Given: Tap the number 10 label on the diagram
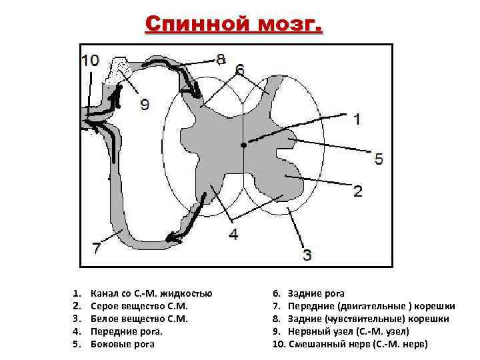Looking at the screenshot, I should pos(90,61).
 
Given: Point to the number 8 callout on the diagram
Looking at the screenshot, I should pos(221,59).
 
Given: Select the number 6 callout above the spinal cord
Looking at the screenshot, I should pos(240,69).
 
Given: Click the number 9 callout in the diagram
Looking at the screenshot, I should pos(145,104).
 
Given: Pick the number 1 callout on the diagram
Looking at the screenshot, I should pos(357,119).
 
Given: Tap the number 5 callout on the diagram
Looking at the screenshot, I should pos(379,159).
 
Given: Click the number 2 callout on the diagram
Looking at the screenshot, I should pos(358,191).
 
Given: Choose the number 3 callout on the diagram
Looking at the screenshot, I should pos(307,254).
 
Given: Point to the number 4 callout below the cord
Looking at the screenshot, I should pos(233,234).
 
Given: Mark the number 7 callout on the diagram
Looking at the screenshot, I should pos(97,248).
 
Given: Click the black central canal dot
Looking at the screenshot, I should pos(245,144).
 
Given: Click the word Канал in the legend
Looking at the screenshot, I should pos(105,293).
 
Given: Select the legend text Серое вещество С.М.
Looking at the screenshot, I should pos(139,306).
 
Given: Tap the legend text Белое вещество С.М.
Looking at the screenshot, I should pos(139,319).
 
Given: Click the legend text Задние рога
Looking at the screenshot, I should pos(317,293).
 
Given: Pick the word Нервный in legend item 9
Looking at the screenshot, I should pos(307,331).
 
